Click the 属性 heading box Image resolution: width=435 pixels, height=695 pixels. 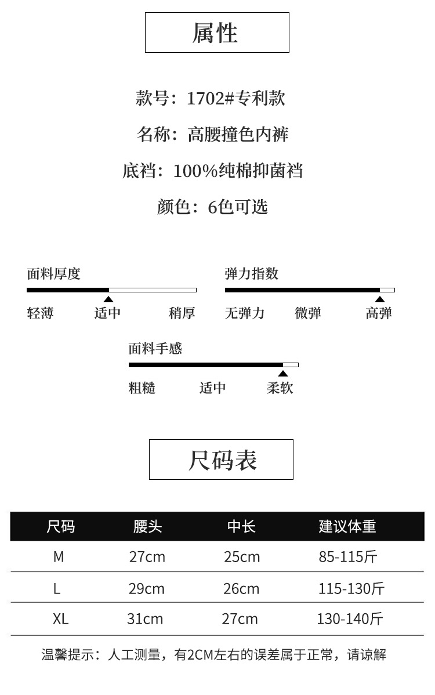click(x=217, y=32)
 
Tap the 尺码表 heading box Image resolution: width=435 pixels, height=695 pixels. click(x=221, y=459)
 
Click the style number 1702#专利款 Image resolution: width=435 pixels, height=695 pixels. click(x=235, y=98)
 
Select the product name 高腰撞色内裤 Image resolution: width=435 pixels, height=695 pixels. click(x=238, y=135)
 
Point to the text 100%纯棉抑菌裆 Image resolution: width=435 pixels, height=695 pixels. click(x=238, y=171)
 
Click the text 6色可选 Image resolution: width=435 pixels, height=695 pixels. click(x=238, y=207)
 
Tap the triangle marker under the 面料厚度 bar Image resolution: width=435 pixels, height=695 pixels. click(x=108, y=299)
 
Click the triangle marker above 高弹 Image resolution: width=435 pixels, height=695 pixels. click(x=379, y=299)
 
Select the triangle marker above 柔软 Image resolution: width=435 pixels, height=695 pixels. click(x=283, y=374)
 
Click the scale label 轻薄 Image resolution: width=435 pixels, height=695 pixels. click(x=41, y=313)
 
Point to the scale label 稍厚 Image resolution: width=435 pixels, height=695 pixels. click(x=182, y=313)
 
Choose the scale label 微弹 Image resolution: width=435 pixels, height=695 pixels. click(x=308, y=313)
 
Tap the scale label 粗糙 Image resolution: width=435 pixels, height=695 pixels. click(x=142, y=388)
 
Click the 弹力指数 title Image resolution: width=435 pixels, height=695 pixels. click(x=252, y=274)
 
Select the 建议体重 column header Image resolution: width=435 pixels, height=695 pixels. click(x=347, y=526)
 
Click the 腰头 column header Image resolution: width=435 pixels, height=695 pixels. click(x=147, y=526)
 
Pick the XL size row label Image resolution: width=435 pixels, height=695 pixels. click(x=60, y=619)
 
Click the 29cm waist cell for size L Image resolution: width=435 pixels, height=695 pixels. click(x=147, y=589)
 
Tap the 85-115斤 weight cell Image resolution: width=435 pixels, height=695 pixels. click(x=348, y=557)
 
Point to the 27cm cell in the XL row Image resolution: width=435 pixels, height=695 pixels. click(x=240, y=619)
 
